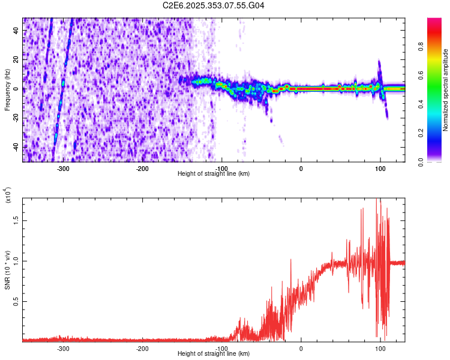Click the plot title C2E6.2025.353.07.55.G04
coord(214,5)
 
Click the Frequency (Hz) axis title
coord(8,90)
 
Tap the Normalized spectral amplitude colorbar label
coord(446,90)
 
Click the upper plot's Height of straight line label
coord(214,173)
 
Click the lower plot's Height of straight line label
coord(214,353)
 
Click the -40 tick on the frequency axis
coord(16,147)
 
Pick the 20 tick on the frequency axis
coord(17,59)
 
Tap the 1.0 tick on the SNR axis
coord(16,260)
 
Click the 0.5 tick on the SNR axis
coord(16,301)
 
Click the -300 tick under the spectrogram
coord(63,169)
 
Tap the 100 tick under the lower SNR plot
coord(380,349)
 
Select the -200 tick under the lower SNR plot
coord(142,349)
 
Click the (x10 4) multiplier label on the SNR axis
coord(8,196)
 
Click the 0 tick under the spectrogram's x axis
coord(301,169)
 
